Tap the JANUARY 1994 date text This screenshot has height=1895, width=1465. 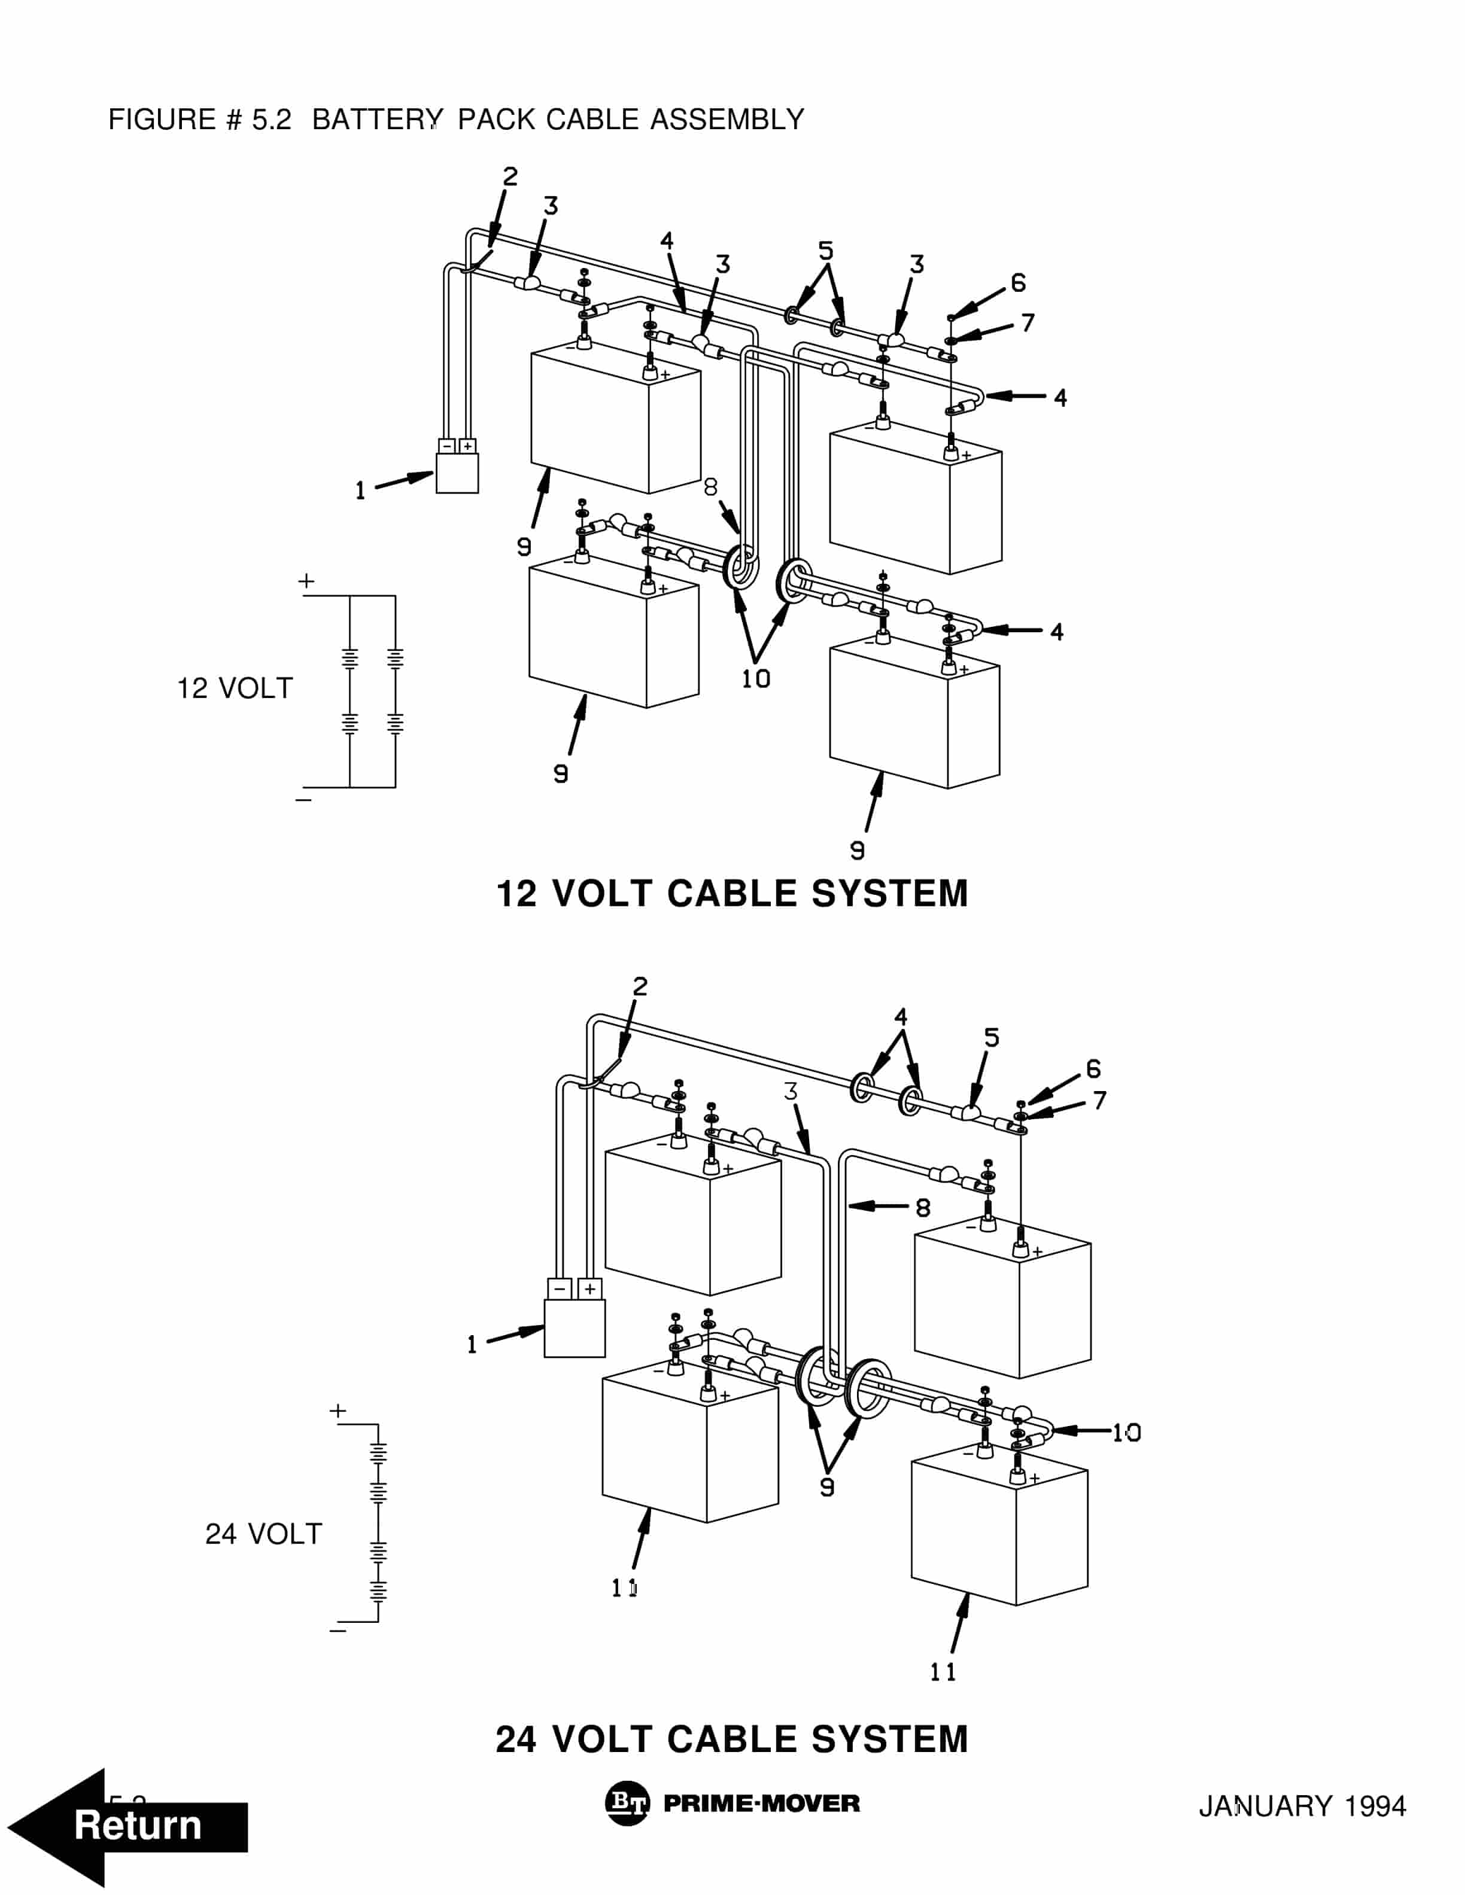tap(1302, 1806)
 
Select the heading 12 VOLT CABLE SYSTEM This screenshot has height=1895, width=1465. tap(732, 894)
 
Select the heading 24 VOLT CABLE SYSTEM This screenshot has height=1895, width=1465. tap(732, 1739)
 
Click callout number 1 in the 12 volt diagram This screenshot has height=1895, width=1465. tap(360, 491)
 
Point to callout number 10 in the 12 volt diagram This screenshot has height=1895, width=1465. tap(755, 678)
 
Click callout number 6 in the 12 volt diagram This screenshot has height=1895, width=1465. tap(1018, 283)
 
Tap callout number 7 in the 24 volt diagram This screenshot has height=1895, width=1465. tap(1099, 1100)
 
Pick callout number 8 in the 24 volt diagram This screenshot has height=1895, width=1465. tap(923, 1208)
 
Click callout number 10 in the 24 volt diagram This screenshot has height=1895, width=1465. tap(1126, 1433)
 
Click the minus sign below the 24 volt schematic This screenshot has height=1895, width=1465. tap(338, 1631)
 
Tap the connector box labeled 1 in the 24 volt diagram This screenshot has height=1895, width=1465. tap(575, 1327)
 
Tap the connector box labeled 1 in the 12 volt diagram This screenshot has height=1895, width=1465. tap(457, 473)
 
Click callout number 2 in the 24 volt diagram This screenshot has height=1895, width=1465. tap(640, 986)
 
